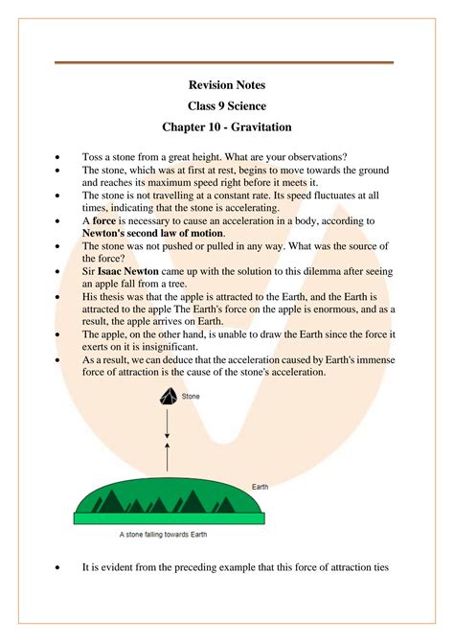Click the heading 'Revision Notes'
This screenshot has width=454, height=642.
pos(227,85)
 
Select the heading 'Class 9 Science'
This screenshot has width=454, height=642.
pos(227,105)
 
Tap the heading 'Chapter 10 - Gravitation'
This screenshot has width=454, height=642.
pos(227,126)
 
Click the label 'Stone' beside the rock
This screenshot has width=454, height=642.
pos(192,394)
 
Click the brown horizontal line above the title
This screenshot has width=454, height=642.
pos(224,63)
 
